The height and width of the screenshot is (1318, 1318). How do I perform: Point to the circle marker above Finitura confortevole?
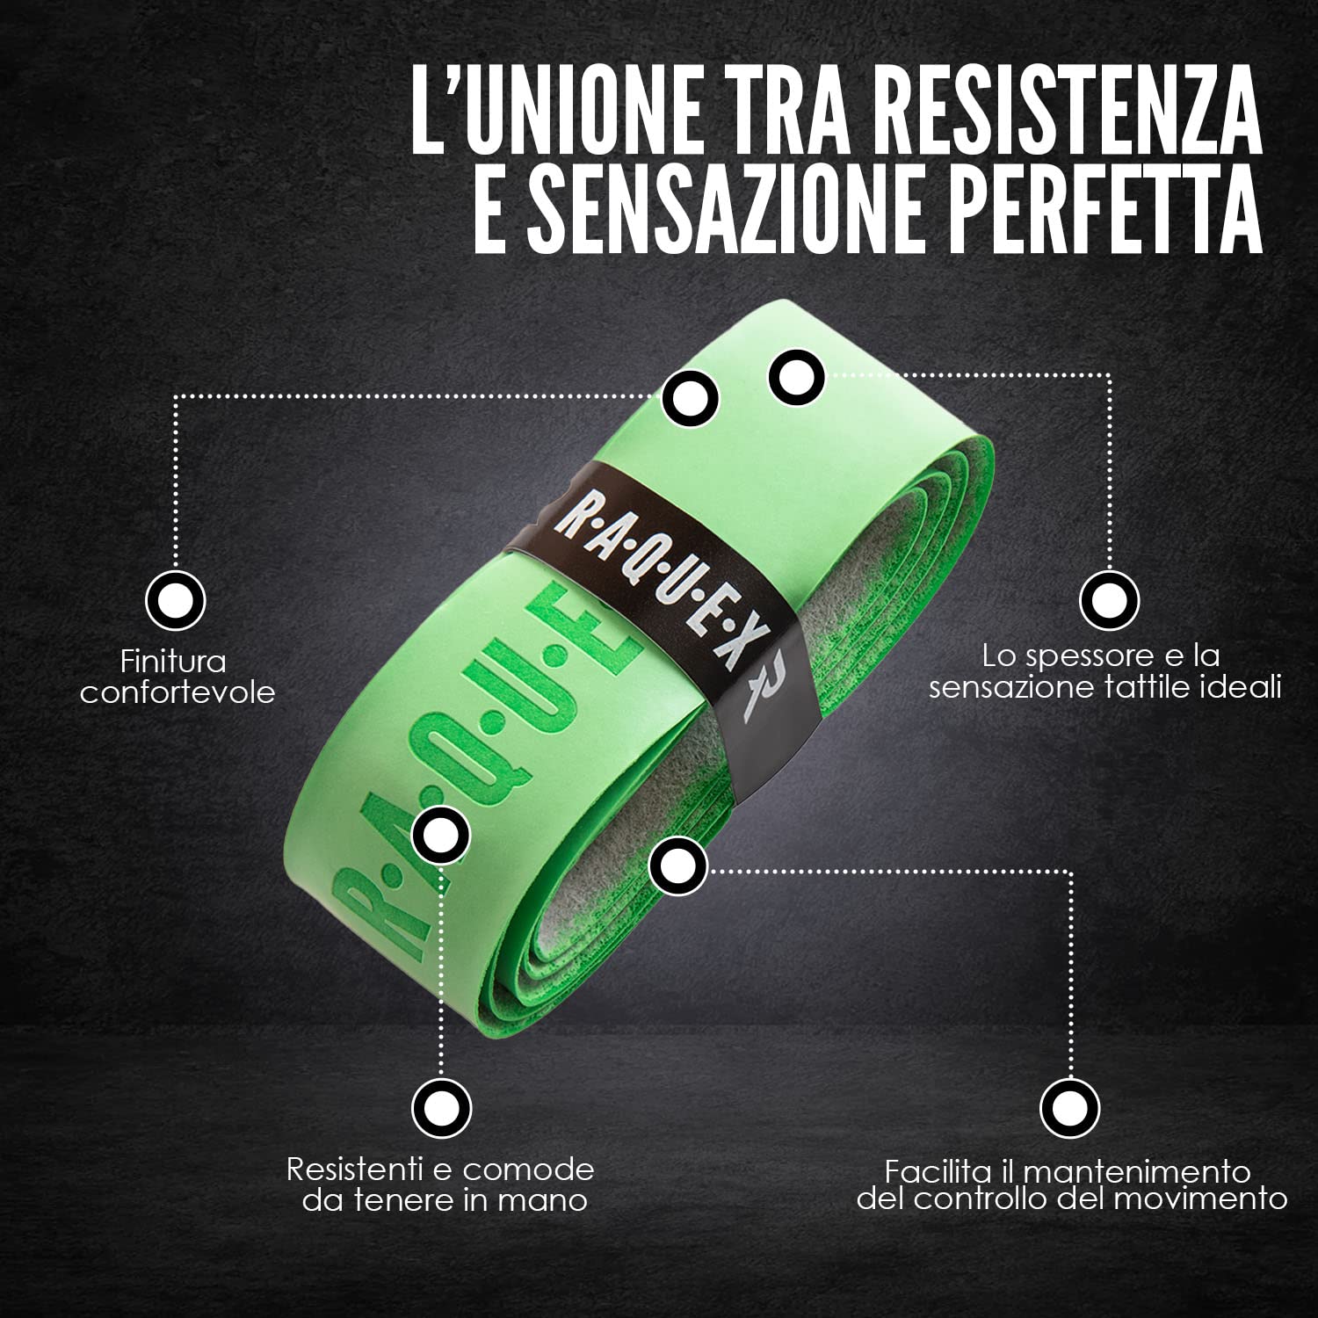[x=176, y=601]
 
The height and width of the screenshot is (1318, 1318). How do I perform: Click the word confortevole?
[x=177, y=692]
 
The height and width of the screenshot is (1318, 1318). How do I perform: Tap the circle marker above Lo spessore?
[x=1109, y=601]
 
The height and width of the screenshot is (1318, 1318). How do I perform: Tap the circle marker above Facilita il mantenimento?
[x=1070, y=1108]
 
